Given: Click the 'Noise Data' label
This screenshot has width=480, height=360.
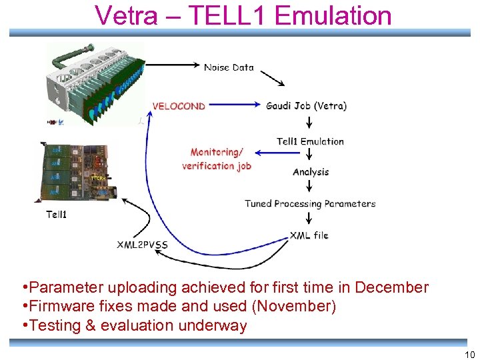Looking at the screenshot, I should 229,67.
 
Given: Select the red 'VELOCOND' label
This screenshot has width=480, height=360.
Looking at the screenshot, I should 179,106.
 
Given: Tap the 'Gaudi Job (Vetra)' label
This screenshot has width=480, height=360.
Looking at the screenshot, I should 306,106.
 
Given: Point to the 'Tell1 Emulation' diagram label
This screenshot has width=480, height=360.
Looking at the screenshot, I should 310,141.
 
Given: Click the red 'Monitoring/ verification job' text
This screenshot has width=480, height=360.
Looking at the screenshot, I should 217,159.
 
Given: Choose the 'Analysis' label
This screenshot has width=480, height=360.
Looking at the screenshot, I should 311,172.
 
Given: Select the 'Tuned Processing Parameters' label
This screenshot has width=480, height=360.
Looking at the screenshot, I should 310,204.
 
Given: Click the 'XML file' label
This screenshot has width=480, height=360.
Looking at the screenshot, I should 309,235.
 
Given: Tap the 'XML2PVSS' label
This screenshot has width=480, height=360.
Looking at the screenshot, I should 143,245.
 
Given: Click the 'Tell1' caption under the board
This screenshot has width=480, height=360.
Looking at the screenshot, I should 56,215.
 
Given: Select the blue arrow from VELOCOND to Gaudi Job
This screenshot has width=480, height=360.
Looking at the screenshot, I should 233,105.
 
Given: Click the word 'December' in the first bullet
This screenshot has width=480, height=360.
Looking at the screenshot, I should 391,288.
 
